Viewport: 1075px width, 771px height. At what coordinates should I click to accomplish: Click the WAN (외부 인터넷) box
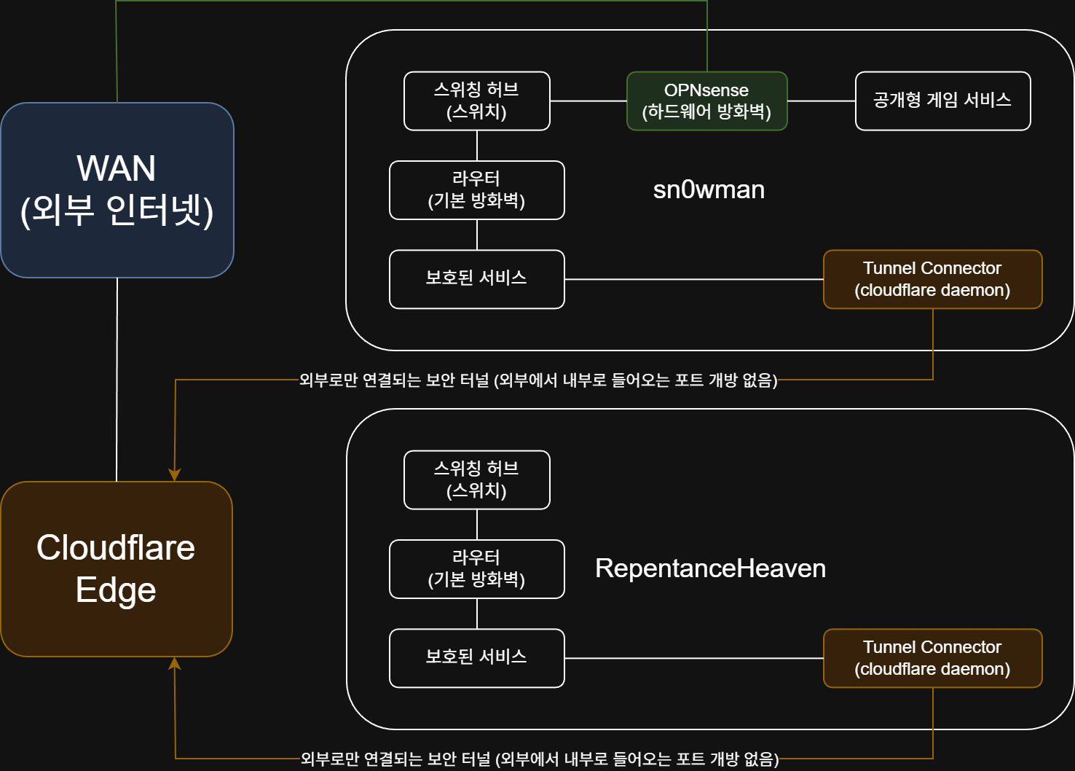click(x=117, y=189)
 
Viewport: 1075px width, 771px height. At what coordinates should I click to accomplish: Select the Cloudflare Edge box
click(x=117, y=568)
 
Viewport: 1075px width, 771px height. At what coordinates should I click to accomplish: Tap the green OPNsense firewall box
click(x=706, y=101)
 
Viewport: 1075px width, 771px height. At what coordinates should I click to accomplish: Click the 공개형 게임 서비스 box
click(x=942, y=101)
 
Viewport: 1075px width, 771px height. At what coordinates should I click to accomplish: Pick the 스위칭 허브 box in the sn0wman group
click(x=476, y=101)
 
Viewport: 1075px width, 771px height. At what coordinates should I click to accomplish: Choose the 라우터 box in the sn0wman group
click(x=476, y=189)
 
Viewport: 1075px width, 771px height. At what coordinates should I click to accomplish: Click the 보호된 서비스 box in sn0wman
click(x=476, y=278)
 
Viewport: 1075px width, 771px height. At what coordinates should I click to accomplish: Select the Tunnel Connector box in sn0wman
click(x=932, y=278)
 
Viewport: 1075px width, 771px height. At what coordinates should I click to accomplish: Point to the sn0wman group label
click(x=709, y=189)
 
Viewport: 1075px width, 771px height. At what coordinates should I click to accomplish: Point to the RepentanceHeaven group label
click(x=710, y=568)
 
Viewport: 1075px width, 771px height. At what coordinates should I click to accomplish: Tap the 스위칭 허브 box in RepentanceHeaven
click(x=476, y=480)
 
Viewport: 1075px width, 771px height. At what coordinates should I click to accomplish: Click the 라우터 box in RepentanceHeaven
click(x=476, y=568)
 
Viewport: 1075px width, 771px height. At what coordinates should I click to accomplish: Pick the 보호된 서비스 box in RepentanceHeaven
click(x=476, y=657)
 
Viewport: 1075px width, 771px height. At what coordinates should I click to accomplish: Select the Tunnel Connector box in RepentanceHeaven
click(x=932, y=657)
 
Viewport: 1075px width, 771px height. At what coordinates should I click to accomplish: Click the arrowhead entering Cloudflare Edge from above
click(x=175, y=475)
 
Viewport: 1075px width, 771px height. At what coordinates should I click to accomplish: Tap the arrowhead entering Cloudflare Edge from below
click(x=175, y=663)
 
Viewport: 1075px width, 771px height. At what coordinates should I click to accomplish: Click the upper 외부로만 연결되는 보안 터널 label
click(x=538, y=380)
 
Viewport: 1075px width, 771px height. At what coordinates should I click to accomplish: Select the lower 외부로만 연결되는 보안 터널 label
click(x=540, y=759)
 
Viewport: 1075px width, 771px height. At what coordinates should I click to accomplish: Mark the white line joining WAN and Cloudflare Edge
click(x=117, y=379)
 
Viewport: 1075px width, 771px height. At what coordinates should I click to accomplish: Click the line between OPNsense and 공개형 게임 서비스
click(x=821, y=101)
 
